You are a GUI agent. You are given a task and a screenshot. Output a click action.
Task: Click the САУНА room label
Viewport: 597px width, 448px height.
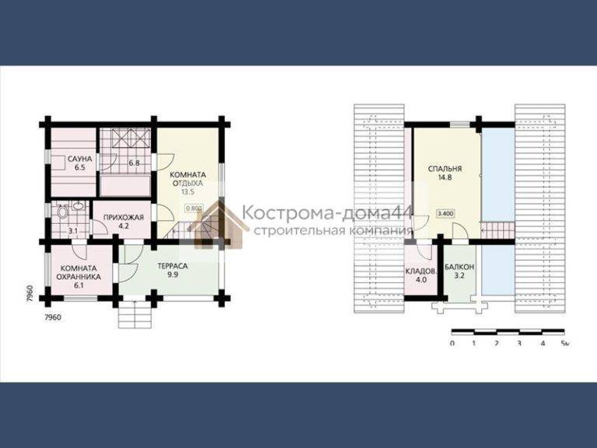79,159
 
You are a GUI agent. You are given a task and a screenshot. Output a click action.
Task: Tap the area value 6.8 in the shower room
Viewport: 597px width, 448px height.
134,163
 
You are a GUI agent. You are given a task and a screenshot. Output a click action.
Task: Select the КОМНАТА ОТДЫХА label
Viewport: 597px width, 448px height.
187,179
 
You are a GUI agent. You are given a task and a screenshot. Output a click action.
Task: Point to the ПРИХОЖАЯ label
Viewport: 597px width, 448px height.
124,218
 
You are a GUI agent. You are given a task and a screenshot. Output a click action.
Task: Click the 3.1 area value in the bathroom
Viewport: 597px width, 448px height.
73,230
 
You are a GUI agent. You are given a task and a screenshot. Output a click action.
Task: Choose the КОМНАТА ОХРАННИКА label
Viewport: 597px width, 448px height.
79,272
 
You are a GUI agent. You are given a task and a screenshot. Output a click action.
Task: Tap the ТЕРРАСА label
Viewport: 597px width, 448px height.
173,266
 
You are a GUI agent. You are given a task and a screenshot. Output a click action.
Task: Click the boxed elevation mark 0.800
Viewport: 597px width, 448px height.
194,208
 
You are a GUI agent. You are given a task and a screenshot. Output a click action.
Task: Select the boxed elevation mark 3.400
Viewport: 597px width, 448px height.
445,214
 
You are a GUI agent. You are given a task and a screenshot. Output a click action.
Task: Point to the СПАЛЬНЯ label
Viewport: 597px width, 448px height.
445,168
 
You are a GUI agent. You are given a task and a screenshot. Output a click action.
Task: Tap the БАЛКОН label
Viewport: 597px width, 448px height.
459,267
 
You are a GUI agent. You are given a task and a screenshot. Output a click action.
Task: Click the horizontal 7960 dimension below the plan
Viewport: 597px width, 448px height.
53,317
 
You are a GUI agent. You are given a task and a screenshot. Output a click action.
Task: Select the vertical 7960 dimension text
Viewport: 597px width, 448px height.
31,294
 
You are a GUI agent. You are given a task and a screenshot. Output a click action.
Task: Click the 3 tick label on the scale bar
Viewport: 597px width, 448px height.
519,343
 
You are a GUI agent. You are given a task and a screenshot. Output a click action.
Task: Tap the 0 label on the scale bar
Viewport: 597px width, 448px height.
452,343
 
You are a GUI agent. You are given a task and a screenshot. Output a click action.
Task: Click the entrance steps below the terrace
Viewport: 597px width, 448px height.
135,314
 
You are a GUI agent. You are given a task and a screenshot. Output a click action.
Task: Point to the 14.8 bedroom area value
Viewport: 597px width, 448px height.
445,177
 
